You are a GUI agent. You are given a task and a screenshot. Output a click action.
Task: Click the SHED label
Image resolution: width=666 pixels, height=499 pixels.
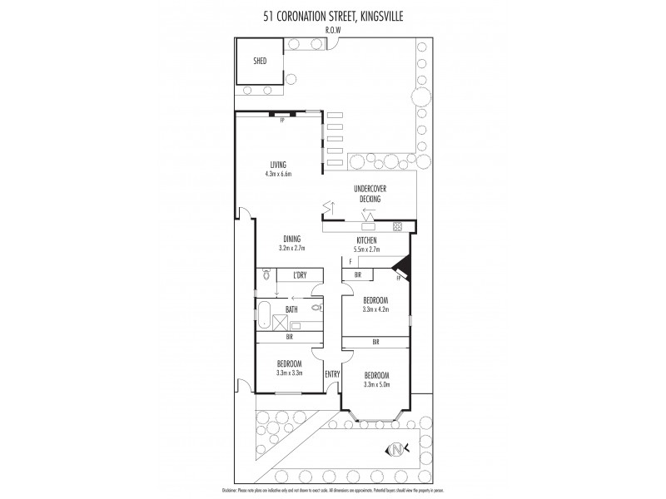tap(260, 60)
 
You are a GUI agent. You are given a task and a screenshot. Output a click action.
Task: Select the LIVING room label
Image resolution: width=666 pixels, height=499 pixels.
tap(277, 164)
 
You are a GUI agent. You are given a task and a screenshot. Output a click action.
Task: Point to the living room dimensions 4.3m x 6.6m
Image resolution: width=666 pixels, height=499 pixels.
tap(277, 175)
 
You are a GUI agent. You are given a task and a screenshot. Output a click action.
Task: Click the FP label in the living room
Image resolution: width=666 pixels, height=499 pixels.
tap(282, 121)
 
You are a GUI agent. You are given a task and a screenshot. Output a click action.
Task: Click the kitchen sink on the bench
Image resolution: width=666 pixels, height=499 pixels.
tap(368, 226)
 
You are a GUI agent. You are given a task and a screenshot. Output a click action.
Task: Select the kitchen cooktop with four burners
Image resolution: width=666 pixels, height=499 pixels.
tap(398, 225)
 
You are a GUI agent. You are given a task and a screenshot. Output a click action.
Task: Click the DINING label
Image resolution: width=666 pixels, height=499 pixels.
tap(291, 240)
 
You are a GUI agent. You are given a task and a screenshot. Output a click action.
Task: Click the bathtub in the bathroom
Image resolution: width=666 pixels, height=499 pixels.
tap(264, 317)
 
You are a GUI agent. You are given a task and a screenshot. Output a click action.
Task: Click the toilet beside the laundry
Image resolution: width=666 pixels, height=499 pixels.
tap(266, 273)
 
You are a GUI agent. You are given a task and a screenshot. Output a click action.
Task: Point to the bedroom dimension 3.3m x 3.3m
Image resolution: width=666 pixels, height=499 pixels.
tap(289, 373)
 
